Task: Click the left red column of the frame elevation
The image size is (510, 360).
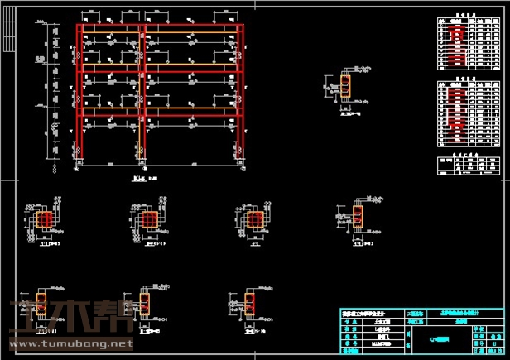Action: point(80,91)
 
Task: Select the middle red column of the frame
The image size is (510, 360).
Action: point(143,91)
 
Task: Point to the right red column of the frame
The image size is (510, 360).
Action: point(241,91)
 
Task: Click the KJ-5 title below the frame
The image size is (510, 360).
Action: point(141,176)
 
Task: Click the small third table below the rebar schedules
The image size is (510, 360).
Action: point(468,163)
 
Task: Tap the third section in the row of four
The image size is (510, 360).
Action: point(255,220)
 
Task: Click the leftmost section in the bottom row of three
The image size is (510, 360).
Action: point(41,304)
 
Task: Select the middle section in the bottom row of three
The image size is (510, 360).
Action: point(143,304)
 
